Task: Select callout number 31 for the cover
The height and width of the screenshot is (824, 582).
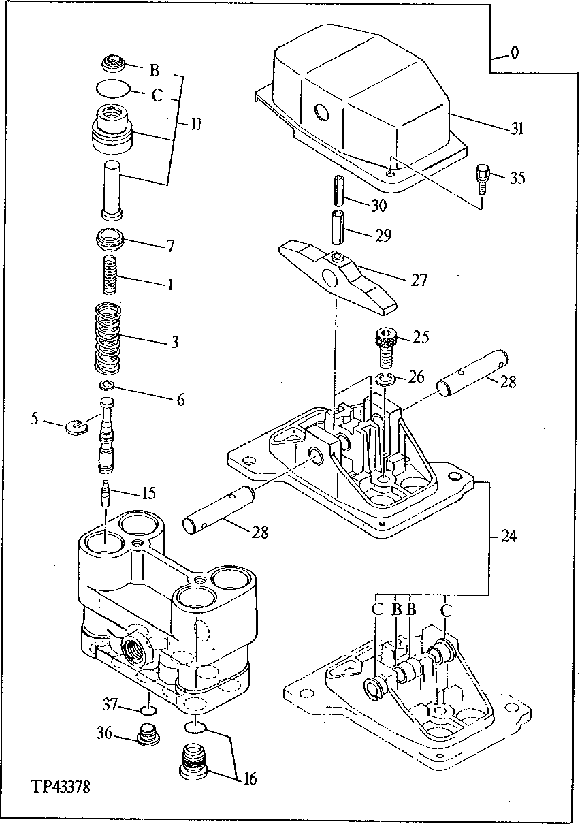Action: click(x=517, y=129)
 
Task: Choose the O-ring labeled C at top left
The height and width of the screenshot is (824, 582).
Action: click(x=110, y=88)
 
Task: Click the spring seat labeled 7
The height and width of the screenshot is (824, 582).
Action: click(x=110, y=241)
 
